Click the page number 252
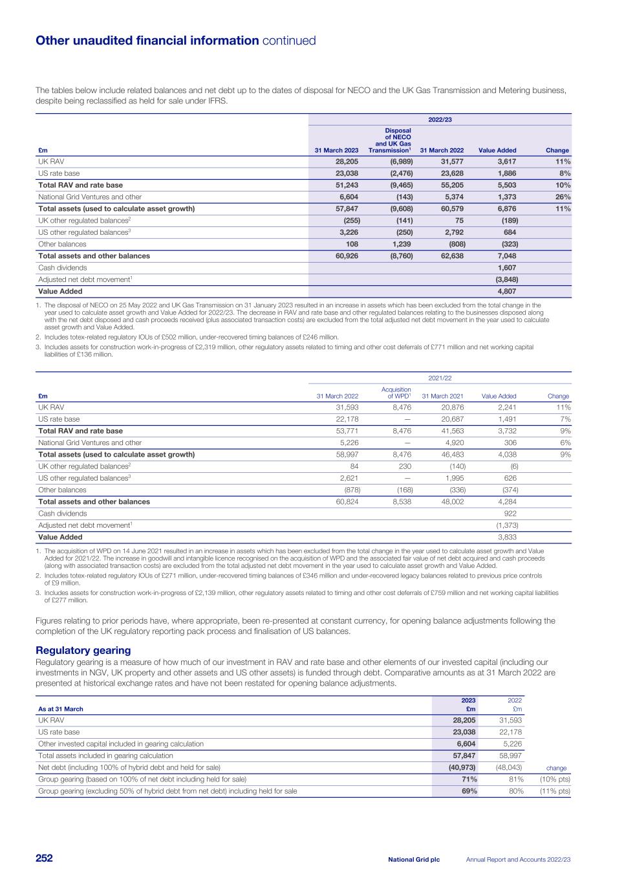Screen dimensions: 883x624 coord(44,858)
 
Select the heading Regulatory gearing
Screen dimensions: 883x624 coord(83,650)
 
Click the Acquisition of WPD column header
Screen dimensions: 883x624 coord(396,393)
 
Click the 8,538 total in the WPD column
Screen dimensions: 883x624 coord(402,501)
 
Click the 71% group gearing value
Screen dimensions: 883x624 coord(468,779)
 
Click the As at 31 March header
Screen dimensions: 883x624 coord(61,708)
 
